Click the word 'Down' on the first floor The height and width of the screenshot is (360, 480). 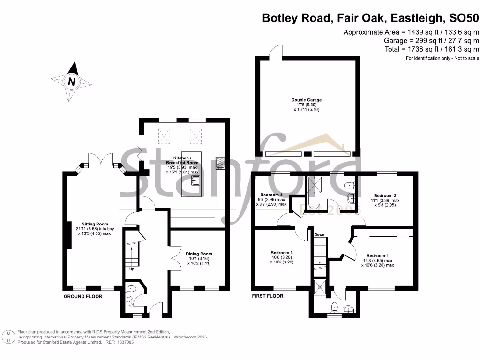click(x=319, y=235)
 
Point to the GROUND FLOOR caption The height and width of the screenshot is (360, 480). click(x=83, y=297)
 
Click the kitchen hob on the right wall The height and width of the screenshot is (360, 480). click(x=220, y=163)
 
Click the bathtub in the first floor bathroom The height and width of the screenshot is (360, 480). click(x=312, y=193)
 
